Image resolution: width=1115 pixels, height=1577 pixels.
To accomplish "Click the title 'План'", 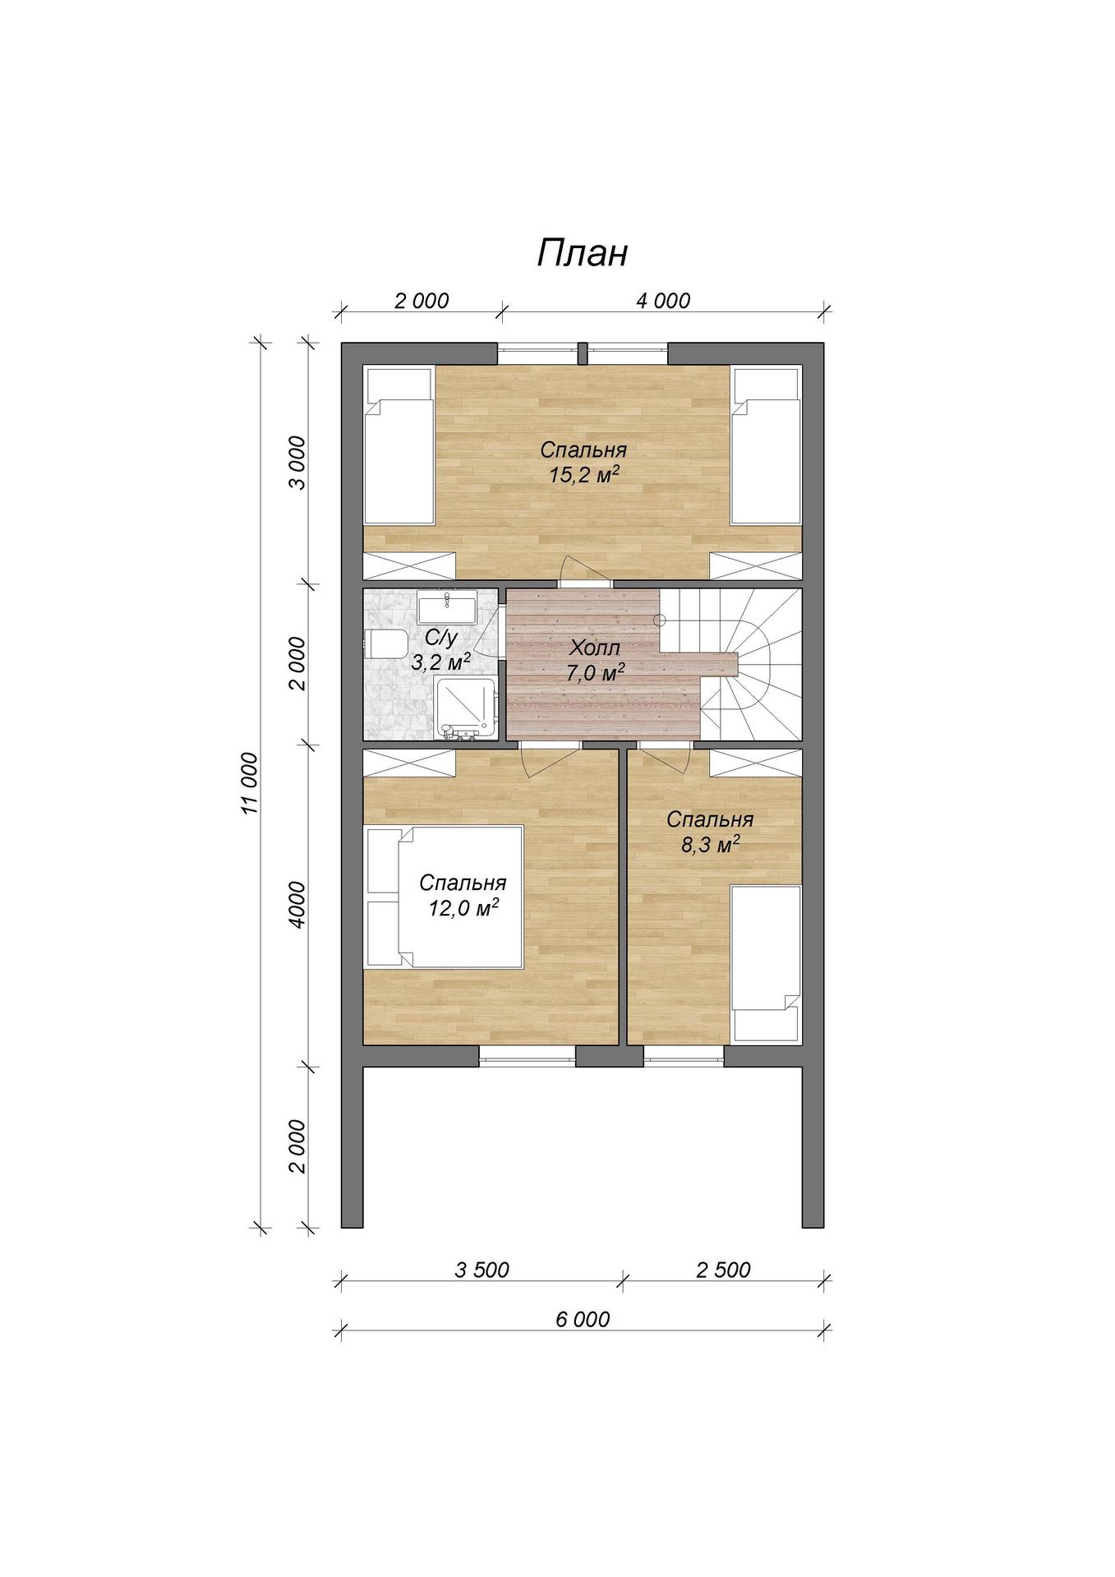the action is pos(583,253).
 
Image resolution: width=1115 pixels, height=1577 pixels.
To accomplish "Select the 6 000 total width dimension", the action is pos(583,1319).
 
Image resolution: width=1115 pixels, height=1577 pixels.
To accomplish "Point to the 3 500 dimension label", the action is pos(481,1270).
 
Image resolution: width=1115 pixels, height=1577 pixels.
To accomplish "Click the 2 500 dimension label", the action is pos(723,1270).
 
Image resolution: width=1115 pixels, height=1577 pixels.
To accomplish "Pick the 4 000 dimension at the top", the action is pos(663,301).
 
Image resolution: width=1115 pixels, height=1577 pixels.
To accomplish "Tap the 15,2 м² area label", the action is pos(583,474).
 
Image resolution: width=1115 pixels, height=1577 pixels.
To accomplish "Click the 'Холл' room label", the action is pos(595,648).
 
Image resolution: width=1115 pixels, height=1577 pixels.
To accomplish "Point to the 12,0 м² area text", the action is pos(463,909).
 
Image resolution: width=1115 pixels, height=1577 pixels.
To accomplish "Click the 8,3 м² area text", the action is pos(711,844).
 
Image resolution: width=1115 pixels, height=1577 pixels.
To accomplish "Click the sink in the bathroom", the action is pos(446,609).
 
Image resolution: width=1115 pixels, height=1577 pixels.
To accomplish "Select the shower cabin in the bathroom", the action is pos(466,707).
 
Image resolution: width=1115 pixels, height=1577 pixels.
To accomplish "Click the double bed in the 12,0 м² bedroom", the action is pos(444,897).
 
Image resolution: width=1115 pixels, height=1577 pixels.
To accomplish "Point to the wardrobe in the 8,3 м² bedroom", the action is pos(755,763).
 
